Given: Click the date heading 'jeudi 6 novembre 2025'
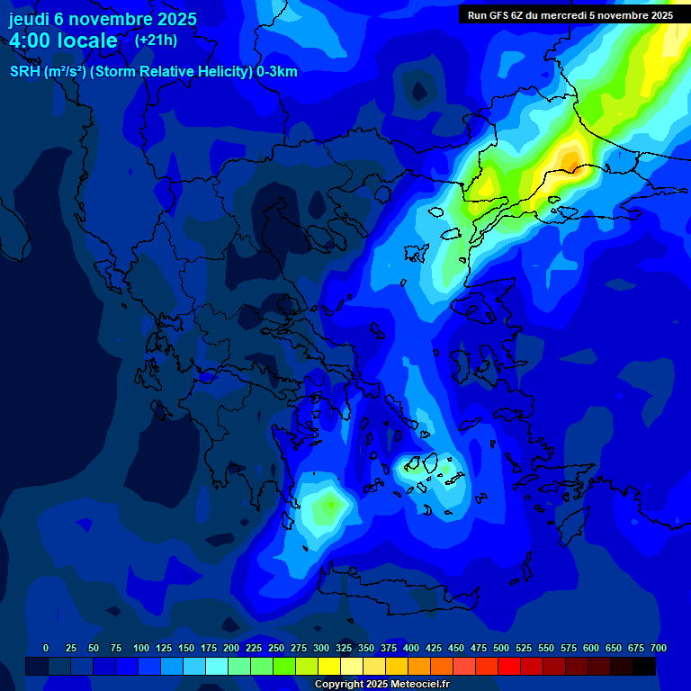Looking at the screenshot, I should [103, 19].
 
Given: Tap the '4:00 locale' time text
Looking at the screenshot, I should [63, 40].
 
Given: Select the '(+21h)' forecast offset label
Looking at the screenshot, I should [156, 40].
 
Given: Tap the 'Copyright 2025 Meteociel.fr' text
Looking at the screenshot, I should [381, 684].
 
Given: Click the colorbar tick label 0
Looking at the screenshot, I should [46, 648].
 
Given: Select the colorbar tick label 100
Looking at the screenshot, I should [141, 648].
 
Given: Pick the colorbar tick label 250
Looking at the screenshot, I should [276, 648].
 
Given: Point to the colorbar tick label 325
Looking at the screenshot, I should [344, 648].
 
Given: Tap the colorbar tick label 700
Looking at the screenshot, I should [659, 648].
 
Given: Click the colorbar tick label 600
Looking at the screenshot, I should [591, 648].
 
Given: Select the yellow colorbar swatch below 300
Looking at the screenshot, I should [329, 666].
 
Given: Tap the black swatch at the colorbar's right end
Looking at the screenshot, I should [644, 666].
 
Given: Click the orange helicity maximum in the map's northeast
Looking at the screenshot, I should [570, 158].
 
